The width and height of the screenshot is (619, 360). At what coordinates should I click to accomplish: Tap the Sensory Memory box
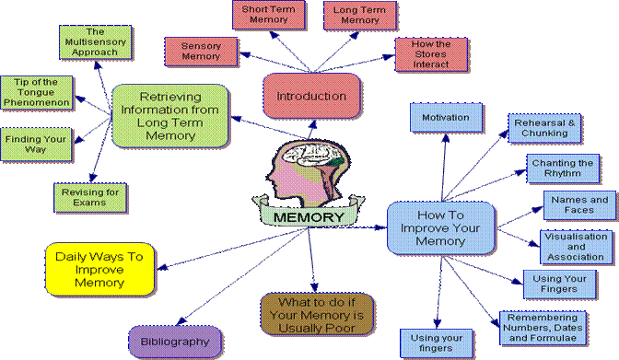[x=200, y=52]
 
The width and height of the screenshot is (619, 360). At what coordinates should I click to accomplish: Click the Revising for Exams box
[x=89, y=196]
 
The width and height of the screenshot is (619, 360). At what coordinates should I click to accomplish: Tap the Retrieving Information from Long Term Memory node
[x=169, y=115]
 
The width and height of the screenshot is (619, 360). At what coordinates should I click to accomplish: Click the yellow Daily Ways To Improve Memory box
[x=99, y=268]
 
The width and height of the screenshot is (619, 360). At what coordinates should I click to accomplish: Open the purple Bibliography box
[x=176, y=341]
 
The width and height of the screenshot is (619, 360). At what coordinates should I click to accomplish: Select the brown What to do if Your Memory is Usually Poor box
[x=313, y=315]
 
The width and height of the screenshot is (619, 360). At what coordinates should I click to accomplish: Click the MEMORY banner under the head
[x=309, y=217]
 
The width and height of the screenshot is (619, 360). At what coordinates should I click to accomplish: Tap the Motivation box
[x=445, y=118]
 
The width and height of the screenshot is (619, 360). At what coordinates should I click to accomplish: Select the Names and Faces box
[x=578, y=205]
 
